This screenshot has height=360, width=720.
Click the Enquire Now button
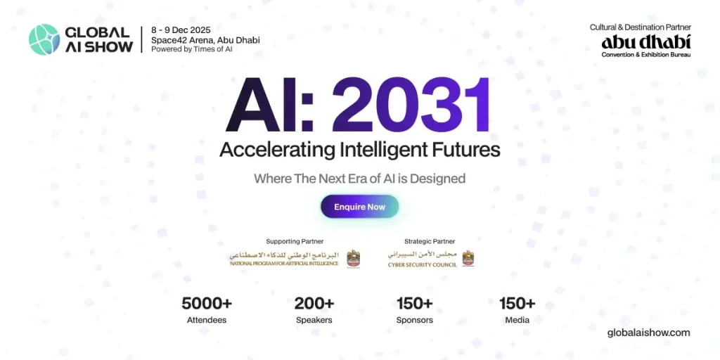[359, 207]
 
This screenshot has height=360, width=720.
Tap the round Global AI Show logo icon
[44, 39]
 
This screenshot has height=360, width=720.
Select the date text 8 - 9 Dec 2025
[181, 30]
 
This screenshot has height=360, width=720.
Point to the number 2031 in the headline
[412, 107]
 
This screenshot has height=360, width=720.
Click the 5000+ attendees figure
[207, 304]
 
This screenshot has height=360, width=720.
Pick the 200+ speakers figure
[314, 304]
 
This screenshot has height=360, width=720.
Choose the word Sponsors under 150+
[414, 320]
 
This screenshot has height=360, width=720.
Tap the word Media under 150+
[517, 320]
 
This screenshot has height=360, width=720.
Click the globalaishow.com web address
[648, 333]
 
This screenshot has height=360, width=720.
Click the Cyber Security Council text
[422, 265]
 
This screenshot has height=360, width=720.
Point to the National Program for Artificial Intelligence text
[284, 264]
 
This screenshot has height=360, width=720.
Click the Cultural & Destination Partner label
[640, 27]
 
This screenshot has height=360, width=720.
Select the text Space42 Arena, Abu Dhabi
[205, 40]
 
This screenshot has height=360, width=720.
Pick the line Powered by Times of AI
[191, 49]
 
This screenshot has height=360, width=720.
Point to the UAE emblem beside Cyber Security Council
[468, 258]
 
